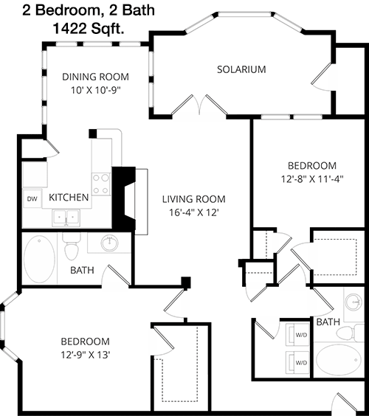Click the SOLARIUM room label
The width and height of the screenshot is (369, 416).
pos(241,69)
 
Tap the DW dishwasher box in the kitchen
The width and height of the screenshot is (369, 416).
pos(32,198)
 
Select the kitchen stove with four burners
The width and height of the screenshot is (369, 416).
pos(101,184)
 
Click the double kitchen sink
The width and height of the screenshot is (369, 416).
pos(66,218)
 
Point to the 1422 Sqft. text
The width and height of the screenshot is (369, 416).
pos(89,28)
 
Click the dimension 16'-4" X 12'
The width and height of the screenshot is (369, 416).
pos(194,212)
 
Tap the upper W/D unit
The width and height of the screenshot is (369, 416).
pos(297,335)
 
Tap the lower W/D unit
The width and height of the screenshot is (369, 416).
pos(297,362)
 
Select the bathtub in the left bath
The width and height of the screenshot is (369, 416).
pos(39,260)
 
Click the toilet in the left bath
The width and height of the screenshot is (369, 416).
pos(72,247)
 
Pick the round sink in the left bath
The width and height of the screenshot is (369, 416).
pos(110,243)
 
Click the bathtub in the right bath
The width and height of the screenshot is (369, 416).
pos(339,360)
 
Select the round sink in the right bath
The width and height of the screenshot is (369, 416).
pos(354,302)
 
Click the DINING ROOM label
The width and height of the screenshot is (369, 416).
pos(95,77)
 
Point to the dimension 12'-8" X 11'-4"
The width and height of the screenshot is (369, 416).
pos(312,179)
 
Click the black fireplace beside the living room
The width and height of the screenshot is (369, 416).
pos(124,198)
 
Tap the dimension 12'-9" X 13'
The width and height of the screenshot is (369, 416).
pos(86,355)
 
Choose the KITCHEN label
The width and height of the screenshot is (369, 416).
pos(69,198)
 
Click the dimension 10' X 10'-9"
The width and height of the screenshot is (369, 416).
pos(95,91)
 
